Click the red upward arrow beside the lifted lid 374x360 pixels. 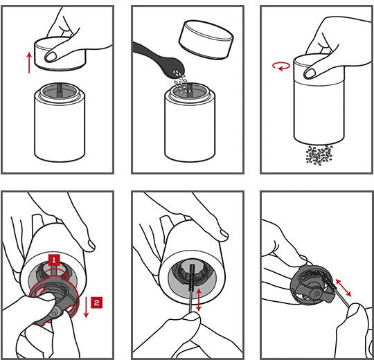point(29,63)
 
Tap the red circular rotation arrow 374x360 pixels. point(281,66)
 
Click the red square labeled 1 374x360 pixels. point(54,260)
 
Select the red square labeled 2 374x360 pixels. point(96,303)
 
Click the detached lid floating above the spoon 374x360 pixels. point(206,39)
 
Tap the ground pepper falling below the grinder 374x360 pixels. point(319,155)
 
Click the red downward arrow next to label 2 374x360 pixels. point(86,307)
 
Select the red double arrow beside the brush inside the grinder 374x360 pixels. point(198,300)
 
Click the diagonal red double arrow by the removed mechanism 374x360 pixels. point(344,288)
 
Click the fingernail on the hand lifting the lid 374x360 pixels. point(51,57)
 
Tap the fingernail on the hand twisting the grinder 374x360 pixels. point(310,73)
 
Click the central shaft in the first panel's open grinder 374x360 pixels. point(60,89)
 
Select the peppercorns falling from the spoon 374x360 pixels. point(182,82)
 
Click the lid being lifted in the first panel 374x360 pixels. point(60,53)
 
